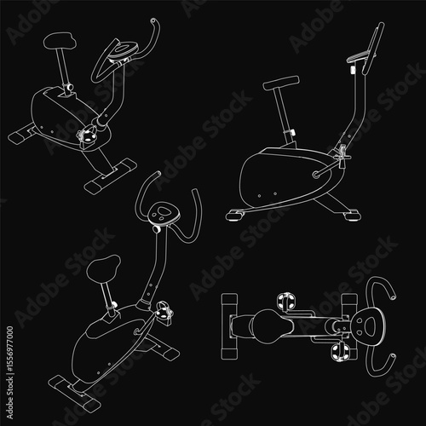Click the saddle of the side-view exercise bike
(281, 83)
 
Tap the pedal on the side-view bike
(343, 156)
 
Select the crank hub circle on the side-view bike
(316, 175)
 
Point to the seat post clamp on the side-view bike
(291, 132)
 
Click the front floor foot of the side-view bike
(352, 215)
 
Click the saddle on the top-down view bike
(272, 327)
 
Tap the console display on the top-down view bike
(368, 326)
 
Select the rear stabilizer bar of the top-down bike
(229, 326)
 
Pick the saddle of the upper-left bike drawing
(60, 41)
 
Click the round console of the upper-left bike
(123, 50)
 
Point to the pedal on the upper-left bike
(88, 135)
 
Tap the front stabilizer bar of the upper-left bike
(111, 176)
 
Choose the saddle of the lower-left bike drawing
(103, 268)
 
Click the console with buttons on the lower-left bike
(164, 213)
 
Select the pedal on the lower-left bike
(164, 313)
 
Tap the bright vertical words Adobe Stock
(9, 398)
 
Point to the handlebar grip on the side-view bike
(373, 49)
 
